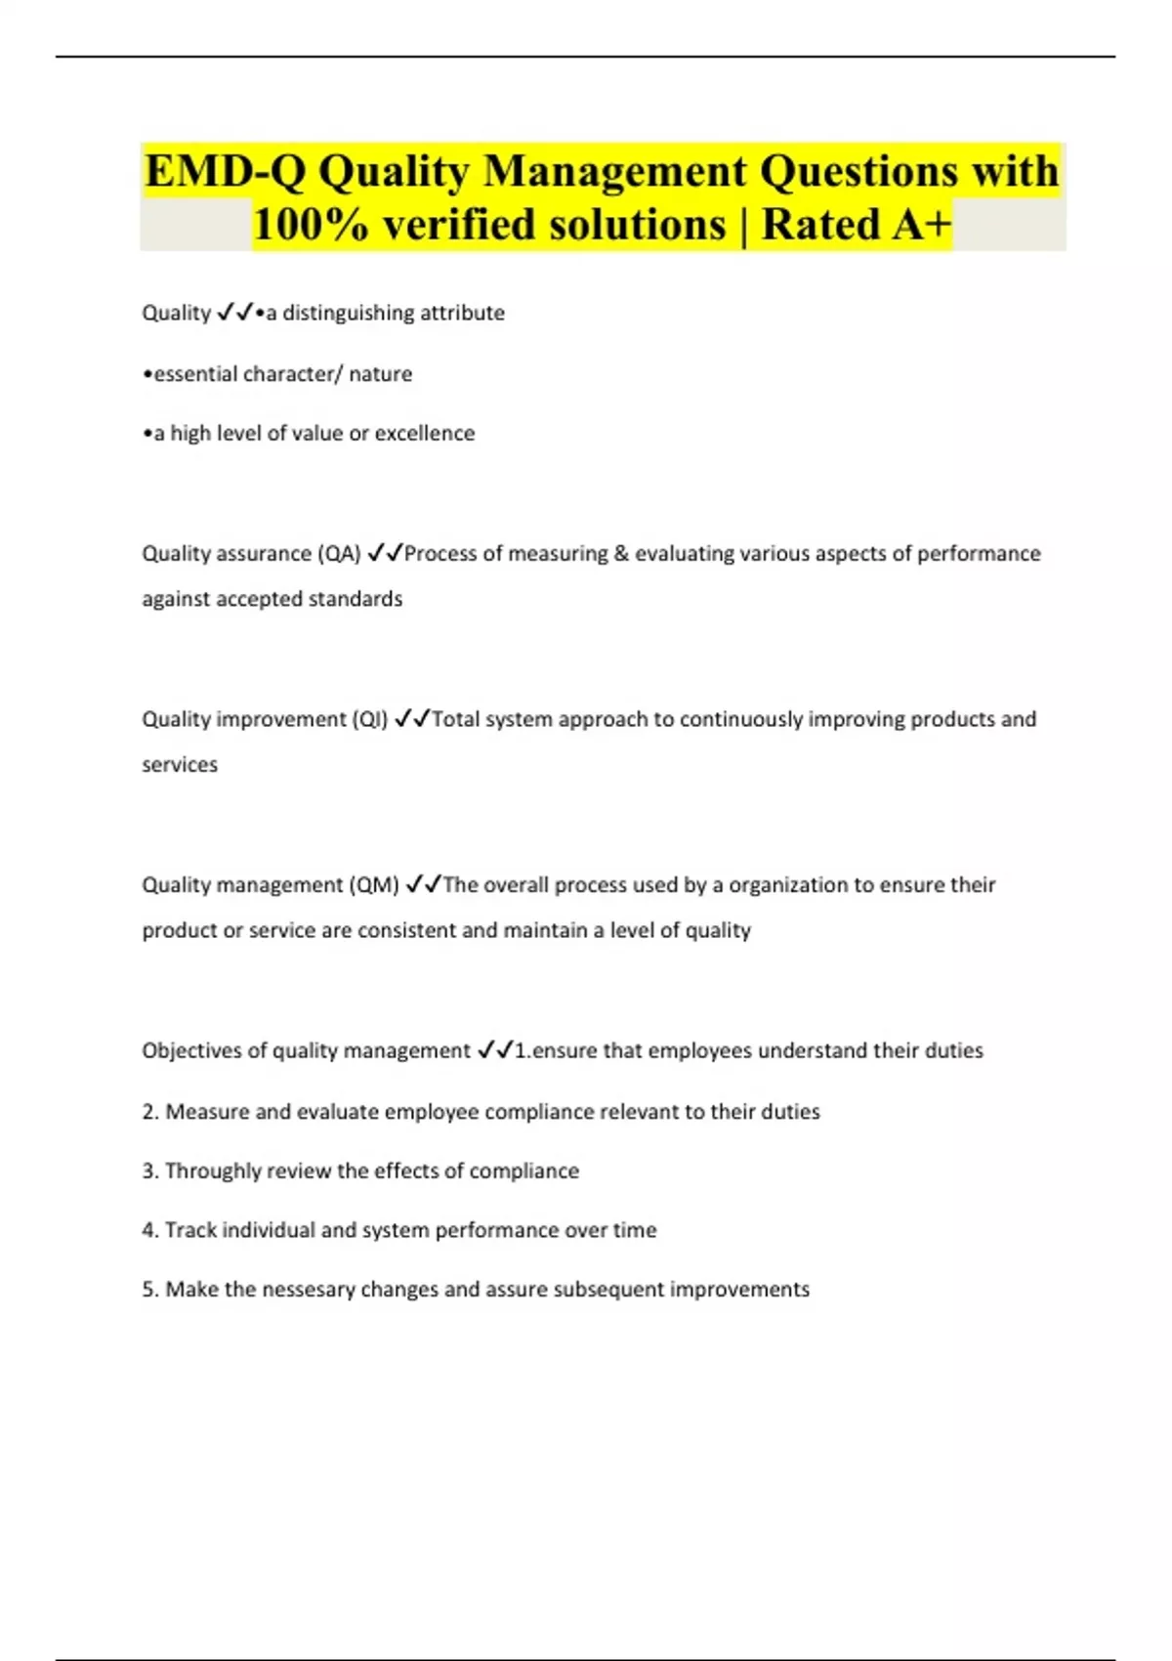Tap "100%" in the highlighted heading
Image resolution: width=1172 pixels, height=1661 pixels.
(311, 225)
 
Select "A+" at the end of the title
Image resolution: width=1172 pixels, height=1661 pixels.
(922, 225)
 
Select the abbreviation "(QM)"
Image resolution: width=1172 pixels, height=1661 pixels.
(374, 885)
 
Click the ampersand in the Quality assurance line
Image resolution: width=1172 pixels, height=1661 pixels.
(621, 553)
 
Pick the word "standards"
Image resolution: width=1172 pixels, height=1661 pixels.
(355, 599)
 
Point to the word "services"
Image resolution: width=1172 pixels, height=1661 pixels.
(180, 765)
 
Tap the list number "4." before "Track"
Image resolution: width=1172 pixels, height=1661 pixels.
(150, 1230)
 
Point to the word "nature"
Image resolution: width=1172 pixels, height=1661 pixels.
(380, 373)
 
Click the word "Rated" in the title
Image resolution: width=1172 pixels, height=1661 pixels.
(820, 225)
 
